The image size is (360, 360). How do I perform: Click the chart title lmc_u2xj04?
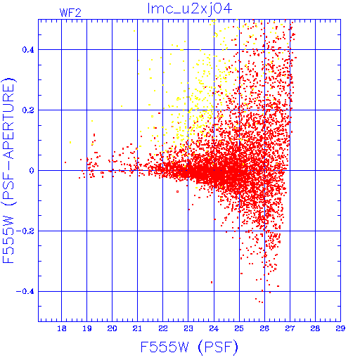click(190, 9)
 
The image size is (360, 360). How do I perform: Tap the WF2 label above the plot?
click(70, 13)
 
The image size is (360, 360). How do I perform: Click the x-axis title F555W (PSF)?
click(189, 347)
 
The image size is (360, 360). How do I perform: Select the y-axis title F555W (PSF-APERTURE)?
click(8, 170)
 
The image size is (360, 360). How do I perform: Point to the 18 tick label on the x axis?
click(62, 328)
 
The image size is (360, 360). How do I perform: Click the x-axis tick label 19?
click(87, 328)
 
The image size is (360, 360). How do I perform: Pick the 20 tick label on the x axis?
click(112, 328)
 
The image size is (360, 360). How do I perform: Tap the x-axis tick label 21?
click(137, 328)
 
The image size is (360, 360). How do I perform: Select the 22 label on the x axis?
click(163, 328)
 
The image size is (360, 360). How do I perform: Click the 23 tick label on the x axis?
click(188, 328)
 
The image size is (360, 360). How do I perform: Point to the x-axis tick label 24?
click(214, 328)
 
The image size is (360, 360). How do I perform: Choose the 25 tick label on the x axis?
click(239, 328)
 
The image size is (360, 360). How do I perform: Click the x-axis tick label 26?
click(264, 328)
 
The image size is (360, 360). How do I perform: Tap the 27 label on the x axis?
click(290, 328)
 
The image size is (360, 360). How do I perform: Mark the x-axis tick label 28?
click(315, 328)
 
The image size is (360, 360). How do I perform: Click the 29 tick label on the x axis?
click(340, 328)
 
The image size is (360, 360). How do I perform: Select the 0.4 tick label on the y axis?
click(28, 49)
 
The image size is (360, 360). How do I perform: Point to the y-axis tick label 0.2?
click(28, 110)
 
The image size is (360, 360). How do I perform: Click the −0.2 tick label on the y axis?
click(25, 231)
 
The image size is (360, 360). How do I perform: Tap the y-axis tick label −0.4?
click(25, 291)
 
